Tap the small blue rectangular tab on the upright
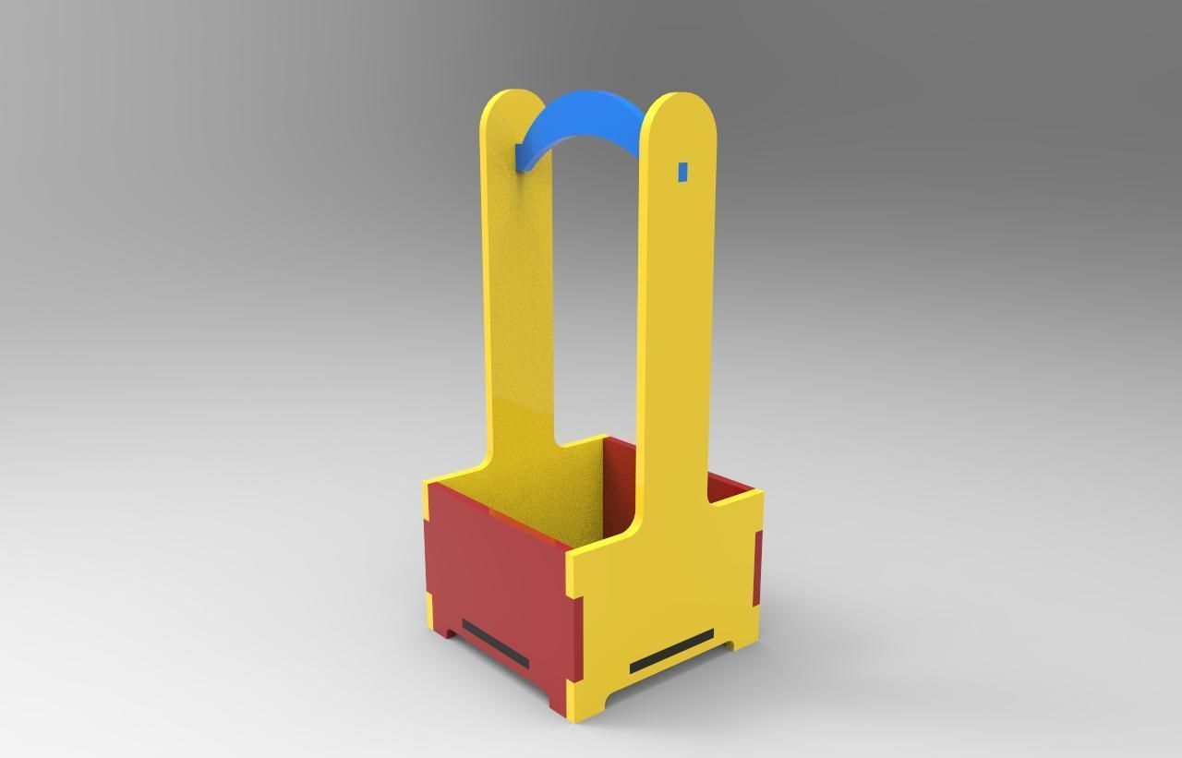683,172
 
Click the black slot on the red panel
495,644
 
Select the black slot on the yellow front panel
671,651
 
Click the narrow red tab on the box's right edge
757,569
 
